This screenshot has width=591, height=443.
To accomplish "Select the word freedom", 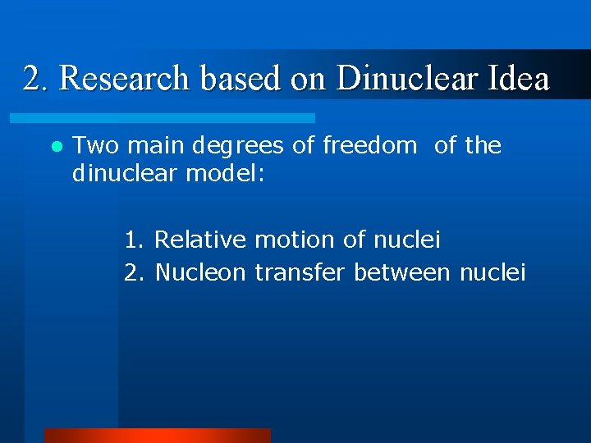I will [369, 146].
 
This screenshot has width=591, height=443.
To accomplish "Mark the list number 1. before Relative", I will [135, 240].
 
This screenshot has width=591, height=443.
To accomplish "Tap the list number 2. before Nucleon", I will [135, 272].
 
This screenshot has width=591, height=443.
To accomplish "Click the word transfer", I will [300, 272].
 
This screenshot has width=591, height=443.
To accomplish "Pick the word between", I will [402, 272].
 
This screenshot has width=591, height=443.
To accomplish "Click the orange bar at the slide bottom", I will [157, 436].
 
